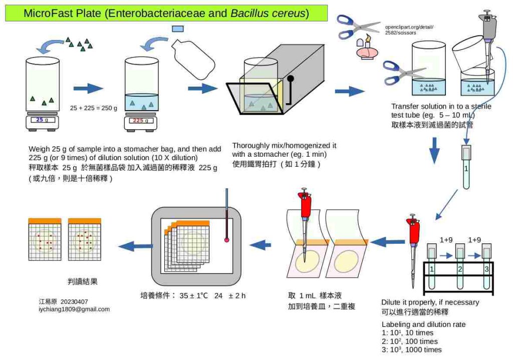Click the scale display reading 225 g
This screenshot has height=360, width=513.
point(142,120)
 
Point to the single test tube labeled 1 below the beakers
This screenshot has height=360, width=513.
point(466,167)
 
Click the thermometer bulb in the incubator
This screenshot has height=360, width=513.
point(227,241)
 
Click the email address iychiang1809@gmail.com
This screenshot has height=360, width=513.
point(74,309)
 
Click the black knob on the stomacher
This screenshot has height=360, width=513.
point(291,79)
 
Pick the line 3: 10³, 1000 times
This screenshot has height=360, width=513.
point(411,350)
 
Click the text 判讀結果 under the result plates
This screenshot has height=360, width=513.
point(82,282)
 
